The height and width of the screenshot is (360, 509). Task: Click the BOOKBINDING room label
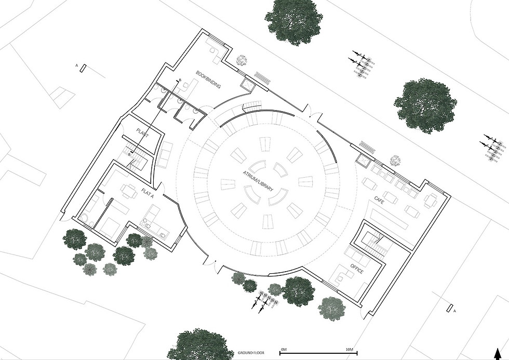pos(208,79)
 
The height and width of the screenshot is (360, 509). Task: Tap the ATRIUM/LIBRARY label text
pos(258,181)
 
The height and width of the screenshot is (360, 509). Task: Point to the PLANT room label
pos(142,133)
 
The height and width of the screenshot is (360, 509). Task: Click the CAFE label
pos(379,201)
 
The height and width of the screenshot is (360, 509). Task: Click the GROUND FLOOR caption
pos(251,353)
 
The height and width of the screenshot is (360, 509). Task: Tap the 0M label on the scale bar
pos(284,350)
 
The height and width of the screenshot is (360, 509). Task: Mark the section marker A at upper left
pos(84,68)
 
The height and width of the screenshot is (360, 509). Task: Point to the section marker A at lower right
pos(450,309)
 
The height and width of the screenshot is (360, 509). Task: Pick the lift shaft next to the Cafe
pos(363,160)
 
